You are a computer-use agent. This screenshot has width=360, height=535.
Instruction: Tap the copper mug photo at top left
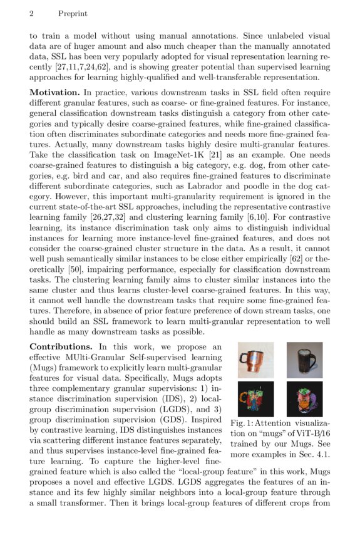click(x=255, y=360)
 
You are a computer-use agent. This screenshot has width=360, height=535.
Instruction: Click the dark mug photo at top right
click(x=304, y=360)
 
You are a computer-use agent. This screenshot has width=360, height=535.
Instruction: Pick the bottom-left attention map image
click(x=255, y=399)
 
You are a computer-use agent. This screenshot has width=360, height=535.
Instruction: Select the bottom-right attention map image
click(x=304, y=399)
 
